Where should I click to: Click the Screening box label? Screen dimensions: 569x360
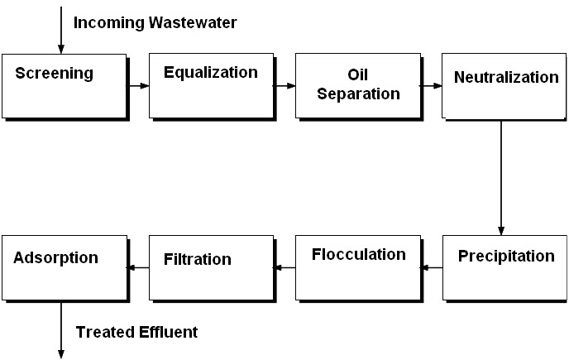[x=54, y=74]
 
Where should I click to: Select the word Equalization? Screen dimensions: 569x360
[x=211, y=72]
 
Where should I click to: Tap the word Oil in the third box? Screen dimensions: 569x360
[x=358, y=74]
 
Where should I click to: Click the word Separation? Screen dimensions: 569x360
[x=359, y=94]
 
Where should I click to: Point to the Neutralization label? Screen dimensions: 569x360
[x=506, y=77]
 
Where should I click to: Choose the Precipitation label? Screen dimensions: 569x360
[x=506, y=257]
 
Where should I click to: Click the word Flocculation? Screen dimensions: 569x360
[x=359, y=254]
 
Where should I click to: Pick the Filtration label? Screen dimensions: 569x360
[x=198, y=259]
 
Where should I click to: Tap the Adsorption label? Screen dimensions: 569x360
[x=55, y=258]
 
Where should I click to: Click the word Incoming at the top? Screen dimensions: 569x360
[x=109, y=23]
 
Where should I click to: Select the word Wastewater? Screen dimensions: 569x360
[x=193, y=22]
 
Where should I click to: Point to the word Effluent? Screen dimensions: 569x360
[x=168, y=332]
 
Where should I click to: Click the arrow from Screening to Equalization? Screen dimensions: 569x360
[x=138, y=86]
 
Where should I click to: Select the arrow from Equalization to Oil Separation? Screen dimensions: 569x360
[x=284, y=86]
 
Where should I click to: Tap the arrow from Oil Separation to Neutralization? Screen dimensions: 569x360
[x=431, y=86]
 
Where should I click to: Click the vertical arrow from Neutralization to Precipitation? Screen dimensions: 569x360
[x=501, y=178]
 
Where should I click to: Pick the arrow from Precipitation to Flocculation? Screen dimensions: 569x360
[x=432, y=268]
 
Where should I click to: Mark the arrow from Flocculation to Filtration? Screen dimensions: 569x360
[x=284, y=268]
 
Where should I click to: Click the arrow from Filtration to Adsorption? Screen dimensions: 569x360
[x=138, y=268]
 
